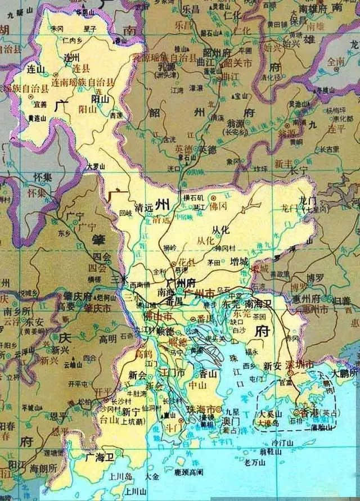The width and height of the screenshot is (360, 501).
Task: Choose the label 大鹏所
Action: point(344,373)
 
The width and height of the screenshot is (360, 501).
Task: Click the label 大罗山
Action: point(96,167)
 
